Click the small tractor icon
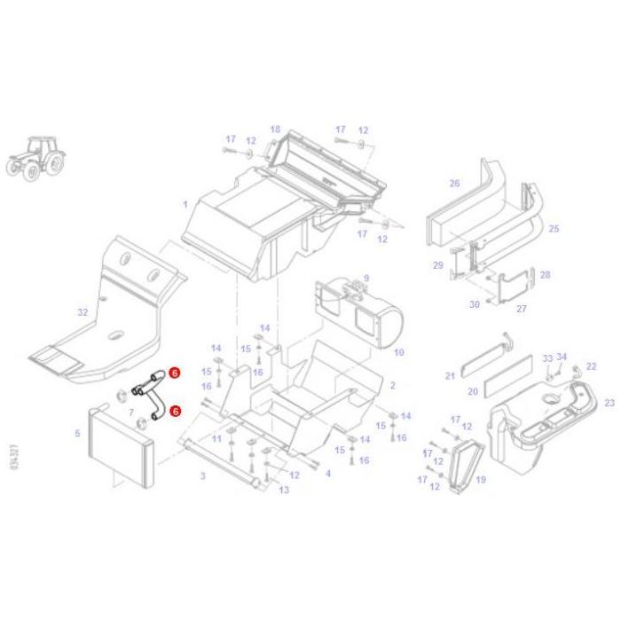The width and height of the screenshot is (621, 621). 36,159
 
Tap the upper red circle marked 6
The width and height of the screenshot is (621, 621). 175,373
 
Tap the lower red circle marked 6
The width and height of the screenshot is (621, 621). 175,412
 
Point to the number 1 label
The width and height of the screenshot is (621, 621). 185,204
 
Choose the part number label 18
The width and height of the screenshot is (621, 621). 275,130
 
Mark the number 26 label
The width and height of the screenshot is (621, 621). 454,184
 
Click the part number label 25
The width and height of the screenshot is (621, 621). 554,229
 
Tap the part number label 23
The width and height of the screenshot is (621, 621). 609,403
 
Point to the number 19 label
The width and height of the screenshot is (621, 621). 481,480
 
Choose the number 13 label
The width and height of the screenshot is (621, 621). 284,490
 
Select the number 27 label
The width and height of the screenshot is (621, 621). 522,309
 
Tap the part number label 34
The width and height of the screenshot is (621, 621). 562,357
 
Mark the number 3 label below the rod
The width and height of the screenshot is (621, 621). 202,476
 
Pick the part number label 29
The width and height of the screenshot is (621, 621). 437,265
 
